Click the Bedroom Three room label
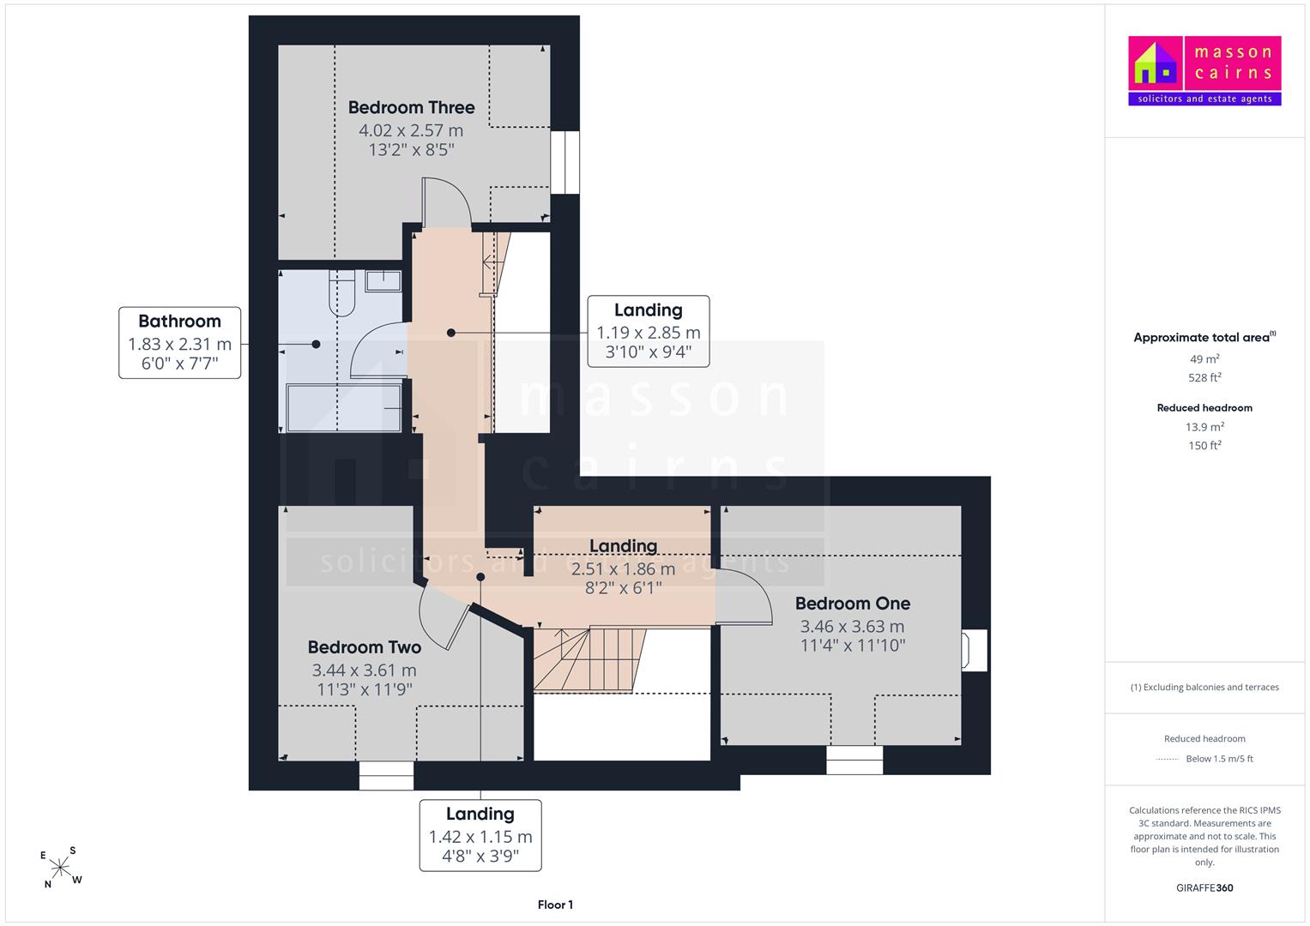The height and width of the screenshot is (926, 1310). click(x=411, y=107)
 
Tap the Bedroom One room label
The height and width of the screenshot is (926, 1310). click(x=852, y=604)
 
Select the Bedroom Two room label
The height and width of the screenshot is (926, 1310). click(x=365, y=647)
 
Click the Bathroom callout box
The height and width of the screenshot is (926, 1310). click(x=179, y=343)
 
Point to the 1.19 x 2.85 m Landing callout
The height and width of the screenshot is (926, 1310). click(x=648, y=332)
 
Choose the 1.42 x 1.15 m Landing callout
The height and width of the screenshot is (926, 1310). click(x=480, y=835)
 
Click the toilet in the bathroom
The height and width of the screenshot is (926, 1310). click(x=342, y=293)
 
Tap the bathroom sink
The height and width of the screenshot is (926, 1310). click(x=383, y=280)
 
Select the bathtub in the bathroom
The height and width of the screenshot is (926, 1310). click(x=343, y=407)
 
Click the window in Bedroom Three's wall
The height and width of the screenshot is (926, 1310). click(x=565, y=163)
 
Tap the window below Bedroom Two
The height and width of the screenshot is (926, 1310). click(x=386, y=776)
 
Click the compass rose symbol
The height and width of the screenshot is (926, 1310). click(x=60, y=867)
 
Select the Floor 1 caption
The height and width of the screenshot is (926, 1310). click(x=555, y=905)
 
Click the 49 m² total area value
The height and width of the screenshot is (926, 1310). click(x=1204, y=359)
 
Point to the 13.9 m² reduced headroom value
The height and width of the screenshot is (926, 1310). click(x=1204, y=427)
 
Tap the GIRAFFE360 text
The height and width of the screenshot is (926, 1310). click(x=1204, y=887)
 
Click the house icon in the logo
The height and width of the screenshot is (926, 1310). click(x=1155, y=63)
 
